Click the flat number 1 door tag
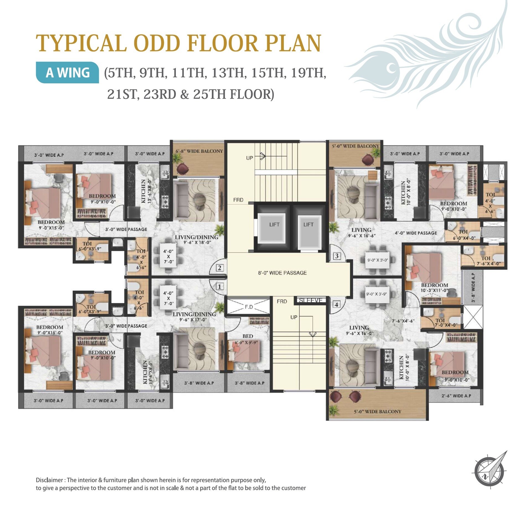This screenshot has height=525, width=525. click(220, 287)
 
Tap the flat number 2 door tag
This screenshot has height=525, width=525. click(220, 268)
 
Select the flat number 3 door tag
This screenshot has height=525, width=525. click(337, 256)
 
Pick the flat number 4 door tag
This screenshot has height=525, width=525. click(336, 305)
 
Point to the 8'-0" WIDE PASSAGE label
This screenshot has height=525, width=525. click(282, 273)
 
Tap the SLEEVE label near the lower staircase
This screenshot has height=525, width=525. click(311, 300)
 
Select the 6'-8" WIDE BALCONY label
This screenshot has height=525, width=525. click(199, 151)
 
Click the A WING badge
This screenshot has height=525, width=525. click(68, 73)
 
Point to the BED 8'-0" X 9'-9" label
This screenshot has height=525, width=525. click(248, 339)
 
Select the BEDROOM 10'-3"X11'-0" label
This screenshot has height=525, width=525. click(434, 288)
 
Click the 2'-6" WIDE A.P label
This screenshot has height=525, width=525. click(456, 396)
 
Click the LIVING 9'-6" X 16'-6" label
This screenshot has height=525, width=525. click(361, 233)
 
